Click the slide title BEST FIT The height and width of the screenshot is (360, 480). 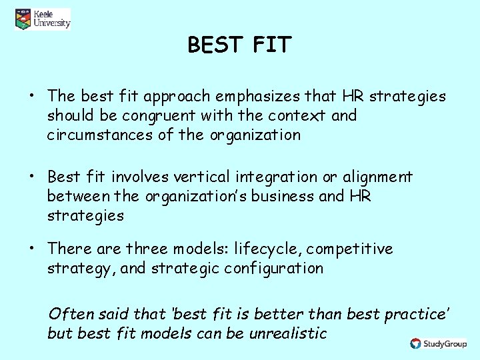tap(239, 45)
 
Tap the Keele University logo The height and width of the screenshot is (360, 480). tap(43, 19)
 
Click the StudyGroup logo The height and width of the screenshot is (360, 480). tap(438, 344)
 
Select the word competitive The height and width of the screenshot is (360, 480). tap(352, 249)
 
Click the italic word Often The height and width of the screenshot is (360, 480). tap(71, 313)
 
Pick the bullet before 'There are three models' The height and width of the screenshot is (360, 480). tap(32, 250)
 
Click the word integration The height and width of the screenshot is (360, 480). tap(277, 177)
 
